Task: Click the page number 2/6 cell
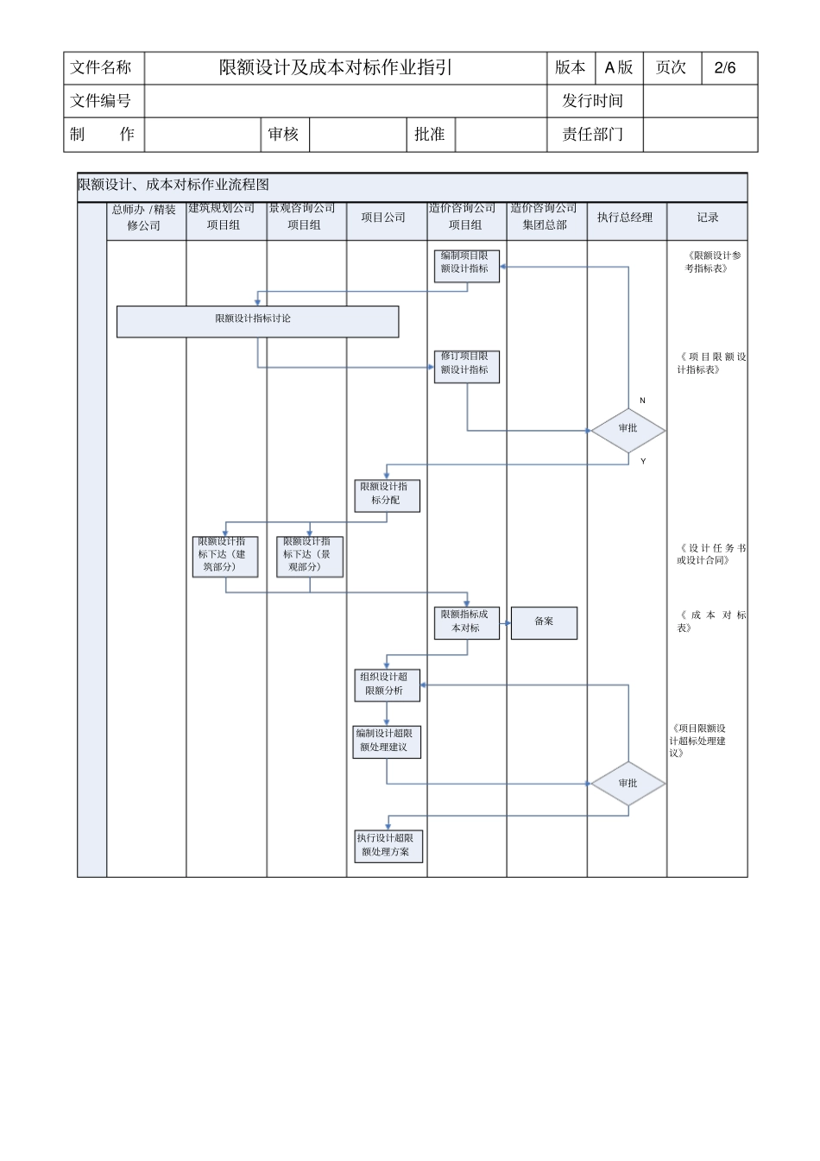[x=725, y=68]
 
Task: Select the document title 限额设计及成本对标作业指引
[x=336, y=68]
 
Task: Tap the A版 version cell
[x=619, y=68]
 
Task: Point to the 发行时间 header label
[x=593, y=101]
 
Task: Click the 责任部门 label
[x=593, y=135]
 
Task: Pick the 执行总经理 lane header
[x=626, y=218]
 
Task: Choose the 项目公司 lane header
[x=383, y=218]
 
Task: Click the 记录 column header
[x=708, y=218]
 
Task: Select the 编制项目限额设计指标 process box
[x=466, y=264]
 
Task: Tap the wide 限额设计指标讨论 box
[x=257, y=321]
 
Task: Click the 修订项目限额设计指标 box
[x=466, y=365]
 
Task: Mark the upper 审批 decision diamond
[x=628, y=429]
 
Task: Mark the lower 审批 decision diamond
[x=628, y=784]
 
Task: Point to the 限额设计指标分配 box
[x=387, y=495]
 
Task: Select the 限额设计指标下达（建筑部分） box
[x=225, y=556]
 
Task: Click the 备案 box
[x=544, y=622]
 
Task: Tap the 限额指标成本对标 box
[x=466, y=622]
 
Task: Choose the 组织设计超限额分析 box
[x=387, y=685]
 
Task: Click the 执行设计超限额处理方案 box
[x=387, y=846]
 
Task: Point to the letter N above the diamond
[x=642, y=401]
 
